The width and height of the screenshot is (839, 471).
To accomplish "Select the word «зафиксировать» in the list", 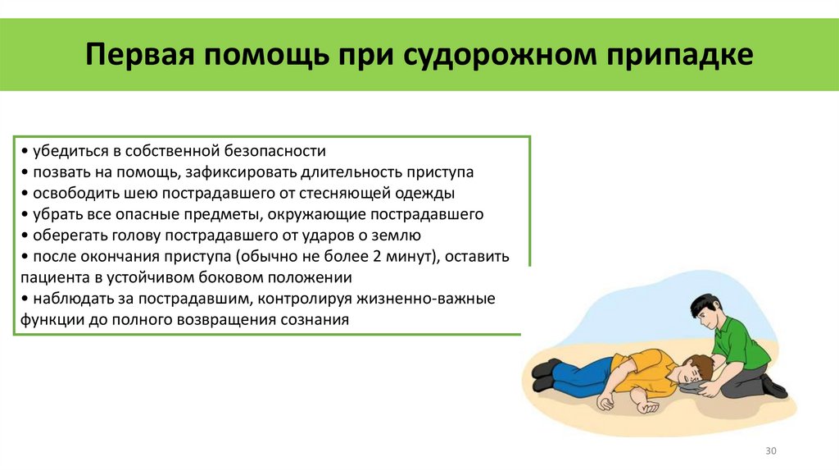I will pyautogui.click(x=241, y=173).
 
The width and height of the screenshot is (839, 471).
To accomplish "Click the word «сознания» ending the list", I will pyautogui.click(x=315, y=320).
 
